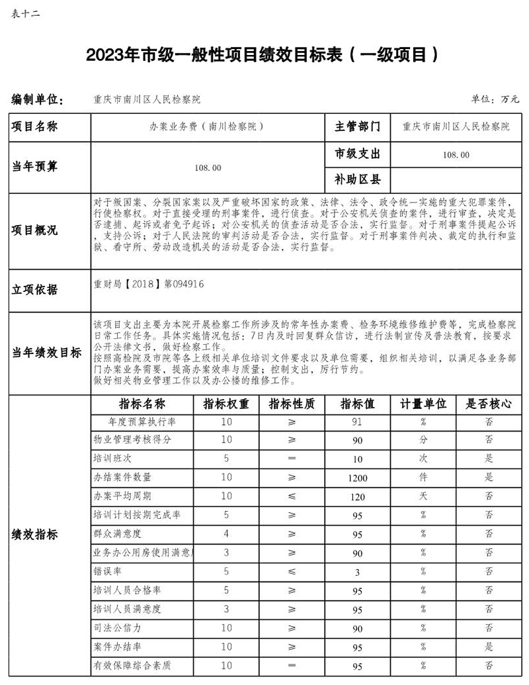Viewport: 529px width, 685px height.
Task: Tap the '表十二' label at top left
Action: [26, 13]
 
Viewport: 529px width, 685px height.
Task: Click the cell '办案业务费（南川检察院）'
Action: [207, 126]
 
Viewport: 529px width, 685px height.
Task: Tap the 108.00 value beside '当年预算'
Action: [207, 167]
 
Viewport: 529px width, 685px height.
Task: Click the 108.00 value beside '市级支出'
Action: [456, 155]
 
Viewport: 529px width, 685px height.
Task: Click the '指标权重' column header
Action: [226, 404]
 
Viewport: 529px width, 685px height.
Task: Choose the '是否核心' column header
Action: [489, 404]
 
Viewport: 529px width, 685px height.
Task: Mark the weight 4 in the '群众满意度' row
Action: [226, 533]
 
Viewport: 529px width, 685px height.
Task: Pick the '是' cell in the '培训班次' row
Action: [489, 459]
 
